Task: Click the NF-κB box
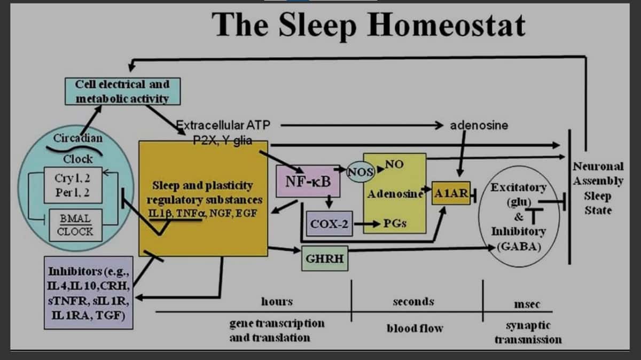[x=308, y=181]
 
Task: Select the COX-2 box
[x=330, y=224]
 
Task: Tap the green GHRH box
[x=325, y=259]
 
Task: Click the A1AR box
[x=451, y=193]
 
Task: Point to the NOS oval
[x=361, y=171]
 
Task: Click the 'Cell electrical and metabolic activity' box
[x=123, y=91]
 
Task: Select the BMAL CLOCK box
[x=75, y=225]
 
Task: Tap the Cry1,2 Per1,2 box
[x=73, y=185]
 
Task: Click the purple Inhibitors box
[x=89, y=293]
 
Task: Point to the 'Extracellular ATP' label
[x=223, y=125]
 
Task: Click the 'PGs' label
[x=395, y=223]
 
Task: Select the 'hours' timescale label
[x=277, y=301]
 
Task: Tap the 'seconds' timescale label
[x=413, y=301]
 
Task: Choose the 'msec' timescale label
[x=527, y=304]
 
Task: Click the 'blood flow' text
[x=415, y=328]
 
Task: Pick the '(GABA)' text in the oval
[x=519, y=246]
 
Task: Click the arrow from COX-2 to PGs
[x=367, y=224]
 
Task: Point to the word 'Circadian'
[x=78, y=138]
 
